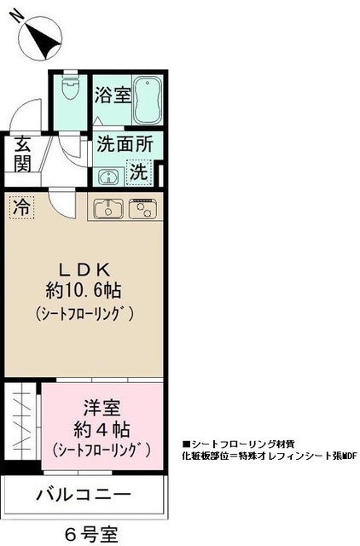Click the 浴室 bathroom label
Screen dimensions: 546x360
pyautogui.click(x=113, y=94)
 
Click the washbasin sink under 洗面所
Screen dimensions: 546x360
pyautogui.click(x=107, y=177)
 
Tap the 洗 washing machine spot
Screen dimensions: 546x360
pyautogui.click(x=139, y=172)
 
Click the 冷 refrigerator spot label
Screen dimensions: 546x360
pyautogui.click(x=21, y=206)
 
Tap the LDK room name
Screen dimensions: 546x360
pyautogui.click(x=84, y=264)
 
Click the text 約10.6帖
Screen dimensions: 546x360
pyautogui.click(x=84, y=288)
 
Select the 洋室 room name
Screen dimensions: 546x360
pyautogui.click(x=102, y=408)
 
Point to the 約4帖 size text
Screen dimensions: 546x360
pyautogui.click(x=102, y=428)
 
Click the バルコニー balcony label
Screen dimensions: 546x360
pyautogui.click(x=83, y=495)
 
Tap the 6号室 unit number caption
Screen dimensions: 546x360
pyautogui.click(x=95, y=534)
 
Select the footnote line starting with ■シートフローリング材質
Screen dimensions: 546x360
pyautogui.click(x=240, y=444)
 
